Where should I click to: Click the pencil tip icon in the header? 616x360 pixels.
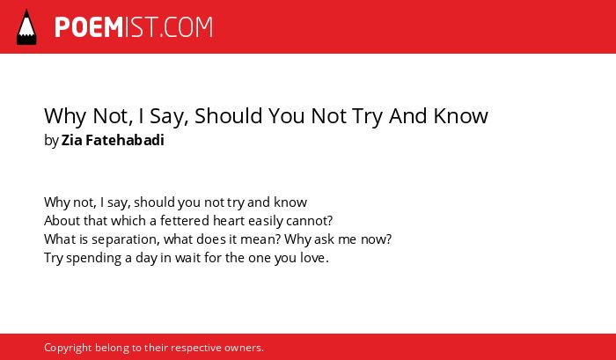pyautogui.click(x=26, y=26)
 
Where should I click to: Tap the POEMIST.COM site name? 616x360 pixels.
pyautogui.click(x=134, y=27)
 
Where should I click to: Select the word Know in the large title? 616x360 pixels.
pyautogui.click(x=460, y=115)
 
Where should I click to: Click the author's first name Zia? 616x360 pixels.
pyautogui.click(x=71, y=140)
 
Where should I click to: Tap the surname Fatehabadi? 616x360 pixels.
pyautogui.click(x=125, y=140)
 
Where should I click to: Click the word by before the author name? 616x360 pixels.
pyautogui.click(x=51, y=141)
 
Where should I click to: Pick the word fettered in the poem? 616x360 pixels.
pyautogui.click(x=185, y=221)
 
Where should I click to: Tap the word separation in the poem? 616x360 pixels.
pyautogui.click(x=126, y=239)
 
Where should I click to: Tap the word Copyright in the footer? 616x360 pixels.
pyautogui.click(x=68, y=348)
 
